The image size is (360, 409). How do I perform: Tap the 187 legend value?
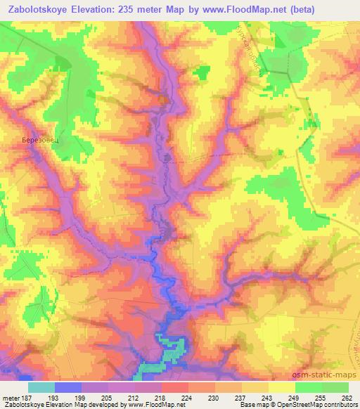tap(29, 397)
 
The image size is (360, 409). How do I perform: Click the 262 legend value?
tap(347, 397)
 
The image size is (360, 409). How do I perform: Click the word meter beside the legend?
tap(11, 397)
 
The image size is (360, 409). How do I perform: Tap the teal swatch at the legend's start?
tap(41, 387)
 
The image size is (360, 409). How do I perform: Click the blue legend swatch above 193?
tap(68, 387)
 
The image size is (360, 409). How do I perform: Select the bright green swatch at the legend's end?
tap(335, 387)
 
